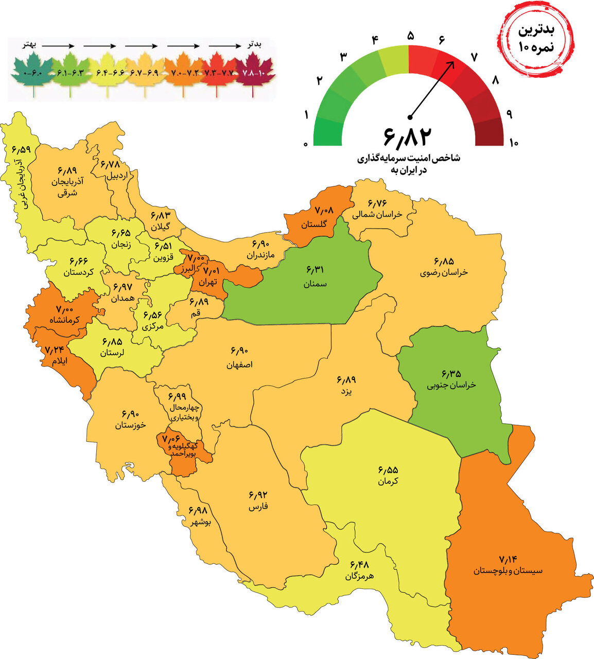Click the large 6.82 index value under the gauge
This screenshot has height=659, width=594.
pos(407,135)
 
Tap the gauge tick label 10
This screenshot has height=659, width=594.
pos(513,143)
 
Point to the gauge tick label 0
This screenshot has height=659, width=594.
pos(306,144)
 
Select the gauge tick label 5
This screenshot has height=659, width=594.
pos(410,36)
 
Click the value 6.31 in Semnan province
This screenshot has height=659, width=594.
pos(316,270)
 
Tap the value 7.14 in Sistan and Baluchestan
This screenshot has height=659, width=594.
pos(508,559)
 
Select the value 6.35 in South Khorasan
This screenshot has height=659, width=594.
pos(451,373)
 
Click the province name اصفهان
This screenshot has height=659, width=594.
pos(239,365)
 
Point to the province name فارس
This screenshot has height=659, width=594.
pos(258,507)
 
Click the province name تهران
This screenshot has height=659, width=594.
pos(209,282)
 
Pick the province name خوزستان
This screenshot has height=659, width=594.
pos(130,425)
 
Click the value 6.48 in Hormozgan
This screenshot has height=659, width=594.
pos(360,565)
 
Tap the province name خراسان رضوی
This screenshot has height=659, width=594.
pos(443,272)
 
